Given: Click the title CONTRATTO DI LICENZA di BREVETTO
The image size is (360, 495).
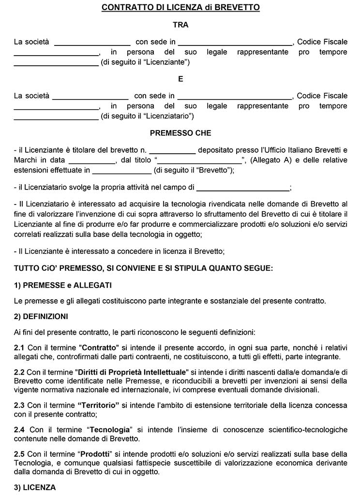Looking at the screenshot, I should point(180,7).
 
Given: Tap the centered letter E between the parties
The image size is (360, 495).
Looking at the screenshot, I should point(180,78).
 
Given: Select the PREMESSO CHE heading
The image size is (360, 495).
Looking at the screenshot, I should point(180,133).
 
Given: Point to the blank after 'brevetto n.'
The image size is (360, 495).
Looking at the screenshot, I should point(172,151).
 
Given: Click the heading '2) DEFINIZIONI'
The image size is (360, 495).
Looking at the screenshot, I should point(47,317).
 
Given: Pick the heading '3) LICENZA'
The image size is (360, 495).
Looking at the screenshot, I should point(35,487).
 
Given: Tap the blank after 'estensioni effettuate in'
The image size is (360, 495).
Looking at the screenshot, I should point(121,170).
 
